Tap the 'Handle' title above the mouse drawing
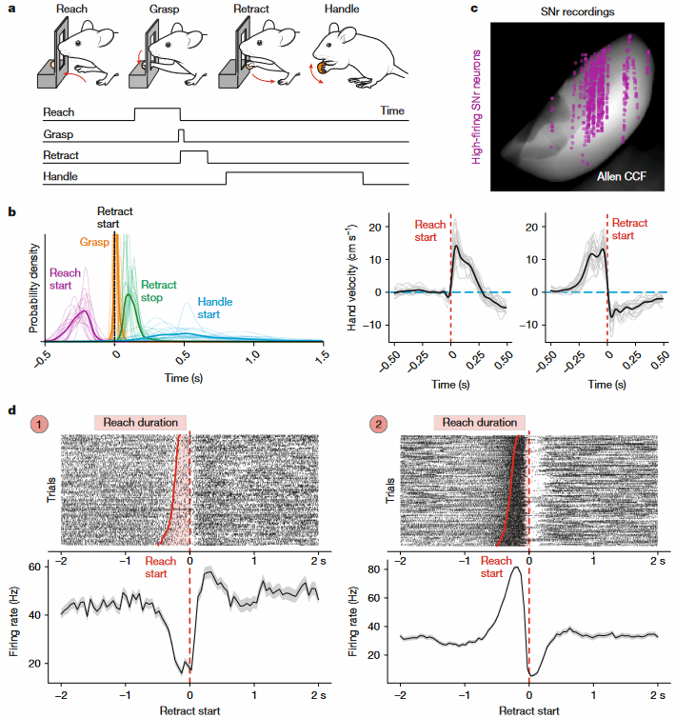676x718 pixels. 346,10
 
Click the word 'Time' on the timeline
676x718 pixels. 392,111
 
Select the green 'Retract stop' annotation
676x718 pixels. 159,291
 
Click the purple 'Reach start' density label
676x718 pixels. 66,280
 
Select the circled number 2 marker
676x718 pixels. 379,423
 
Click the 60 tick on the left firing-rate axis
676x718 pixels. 43,567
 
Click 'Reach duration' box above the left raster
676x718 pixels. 140,422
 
